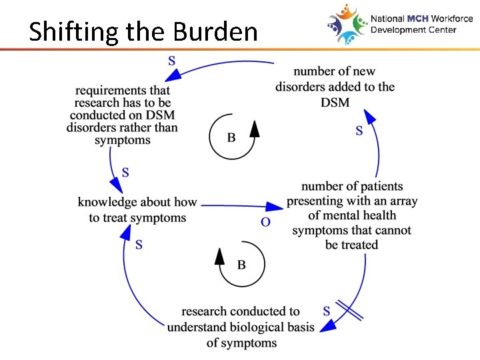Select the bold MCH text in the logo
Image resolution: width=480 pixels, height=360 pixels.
pos(419,19)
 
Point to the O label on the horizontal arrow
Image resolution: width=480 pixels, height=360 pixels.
pos(265,222)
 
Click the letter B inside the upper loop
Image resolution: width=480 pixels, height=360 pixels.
pos(231,138)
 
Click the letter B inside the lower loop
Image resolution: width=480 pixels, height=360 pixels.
pos(241,265)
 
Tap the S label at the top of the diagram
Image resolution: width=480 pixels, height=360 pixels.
pos(172,60)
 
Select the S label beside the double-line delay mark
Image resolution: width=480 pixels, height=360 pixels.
pos(327,311)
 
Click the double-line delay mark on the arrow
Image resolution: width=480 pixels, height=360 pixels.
pos(349,311)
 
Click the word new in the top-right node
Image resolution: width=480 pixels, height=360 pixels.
pos(382,71)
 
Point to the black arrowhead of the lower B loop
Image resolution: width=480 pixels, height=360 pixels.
pos(219,255)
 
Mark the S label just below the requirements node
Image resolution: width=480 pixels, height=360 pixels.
pos(125,173)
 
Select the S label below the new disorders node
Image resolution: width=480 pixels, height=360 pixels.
pos(359,131)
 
